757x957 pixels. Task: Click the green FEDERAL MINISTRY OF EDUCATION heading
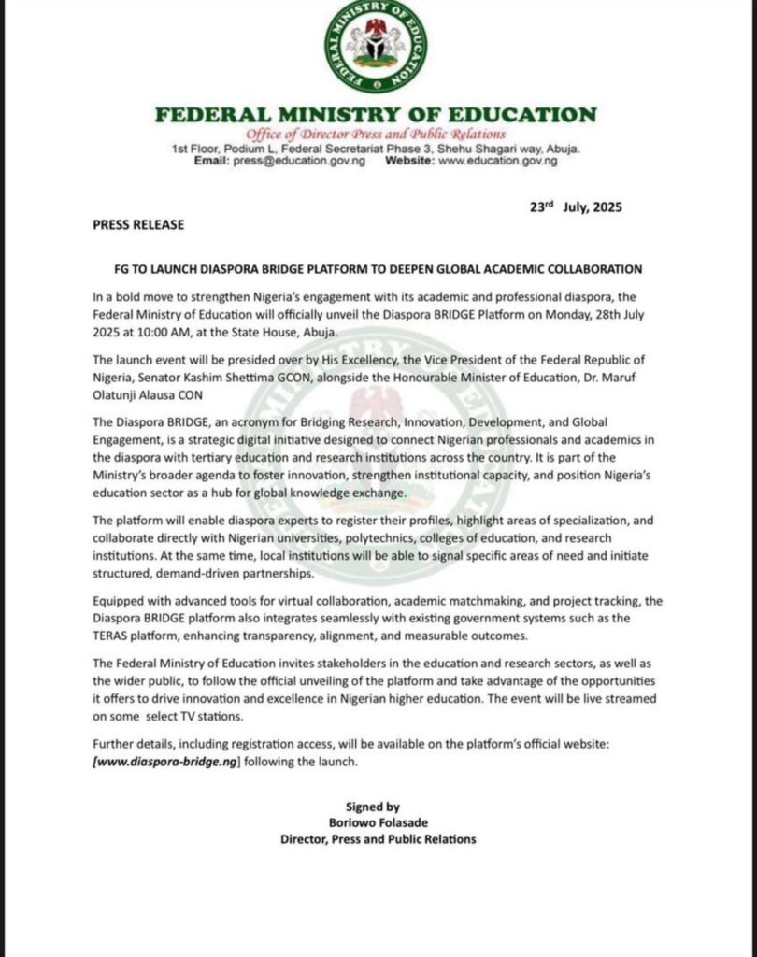376,116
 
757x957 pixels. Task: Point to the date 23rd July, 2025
576,207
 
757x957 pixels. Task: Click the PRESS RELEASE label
138,225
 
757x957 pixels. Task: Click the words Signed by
373,807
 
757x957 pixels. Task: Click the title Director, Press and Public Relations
378,839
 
